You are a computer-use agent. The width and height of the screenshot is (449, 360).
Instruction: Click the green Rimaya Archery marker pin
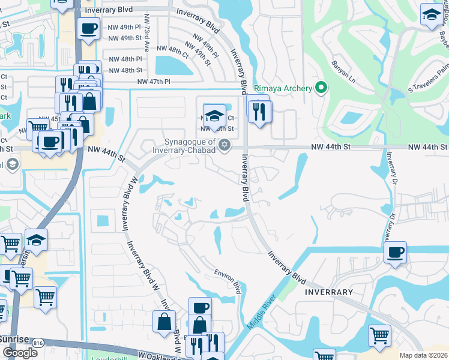point(321,88)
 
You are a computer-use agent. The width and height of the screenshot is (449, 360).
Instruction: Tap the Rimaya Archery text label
point(283,89)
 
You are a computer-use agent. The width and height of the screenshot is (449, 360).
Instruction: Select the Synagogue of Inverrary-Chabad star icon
point(224,144)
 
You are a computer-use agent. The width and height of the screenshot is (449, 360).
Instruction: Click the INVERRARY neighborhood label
point(328,292)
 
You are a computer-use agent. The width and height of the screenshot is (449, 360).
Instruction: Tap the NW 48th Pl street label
point(125,59)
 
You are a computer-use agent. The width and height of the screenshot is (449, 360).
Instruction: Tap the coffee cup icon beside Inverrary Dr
point(395,252)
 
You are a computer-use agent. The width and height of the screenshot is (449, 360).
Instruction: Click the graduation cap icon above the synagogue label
point(214,114)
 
